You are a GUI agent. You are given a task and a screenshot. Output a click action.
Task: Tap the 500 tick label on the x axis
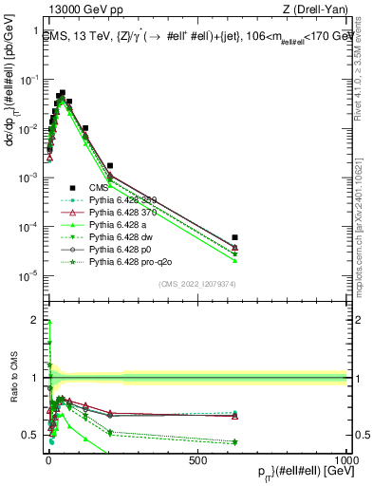(x=197, y=459)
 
